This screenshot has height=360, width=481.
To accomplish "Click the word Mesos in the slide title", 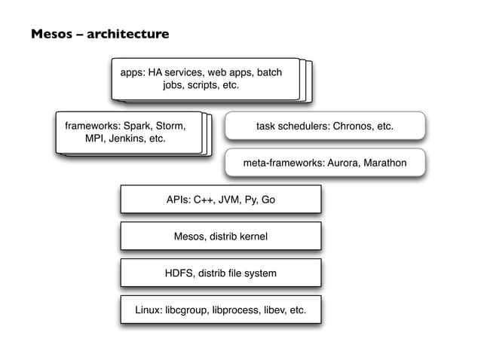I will (50, 35).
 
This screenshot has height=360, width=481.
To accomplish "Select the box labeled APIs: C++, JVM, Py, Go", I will (220, 200).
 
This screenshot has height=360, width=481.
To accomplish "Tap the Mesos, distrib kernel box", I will (220, 236).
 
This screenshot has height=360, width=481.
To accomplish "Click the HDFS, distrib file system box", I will (220, 273).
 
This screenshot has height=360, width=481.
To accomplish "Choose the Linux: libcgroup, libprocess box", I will (220, 310).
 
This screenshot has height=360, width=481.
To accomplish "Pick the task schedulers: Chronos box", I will (325, 127).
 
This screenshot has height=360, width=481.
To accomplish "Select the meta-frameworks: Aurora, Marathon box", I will (325, 163).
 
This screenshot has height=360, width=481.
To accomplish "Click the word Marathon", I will (384, 163).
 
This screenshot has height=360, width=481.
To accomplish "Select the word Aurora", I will (340, 163).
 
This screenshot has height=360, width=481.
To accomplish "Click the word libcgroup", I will (186, 310).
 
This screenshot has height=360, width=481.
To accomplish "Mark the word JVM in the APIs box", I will (225, 200).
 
